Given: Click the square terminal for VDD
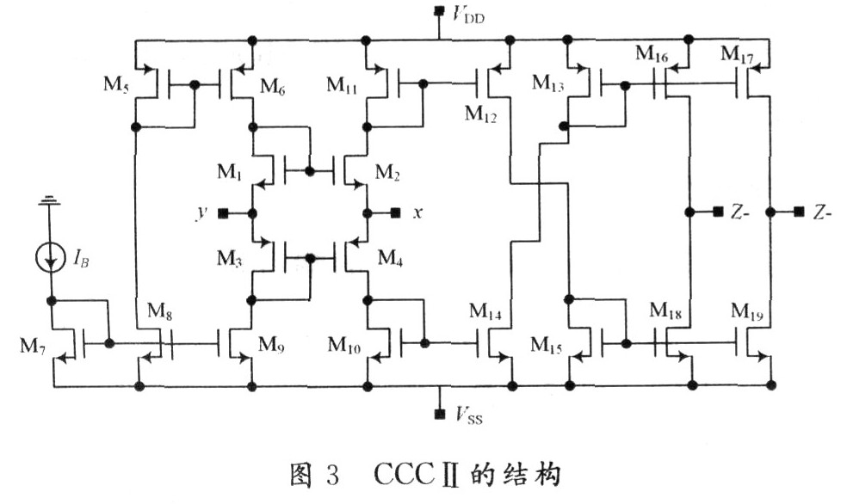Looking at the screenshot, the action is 440,10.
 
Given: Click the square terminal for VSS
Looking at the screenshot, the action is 440,414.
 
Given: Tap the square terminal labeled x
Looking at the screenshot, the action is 396,213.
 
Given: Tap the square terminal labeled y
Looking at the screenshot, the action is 223,213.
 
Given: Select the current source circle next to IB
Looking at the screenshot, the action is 50,259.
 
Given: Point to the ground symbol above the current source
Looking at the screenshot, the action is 49,200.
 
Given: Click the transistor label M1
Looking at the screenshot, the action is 229,172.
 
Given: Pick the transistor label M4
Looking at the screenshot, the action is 390,258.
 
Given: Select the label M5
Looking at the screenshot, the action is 116,85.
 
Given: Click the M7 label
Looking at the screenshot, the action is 33,346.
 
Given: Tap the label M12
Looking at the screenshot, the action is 480,114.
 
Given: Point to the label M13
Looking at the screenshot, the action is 548,83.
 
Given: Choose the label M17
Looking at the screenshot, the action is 738,54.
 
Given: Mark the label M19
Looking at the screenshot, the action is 747,311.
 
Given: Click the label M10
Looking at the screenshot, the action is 344,345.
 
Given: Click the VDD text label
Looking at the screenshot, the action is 467,15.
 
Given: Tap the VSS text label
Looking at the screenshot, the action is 468,415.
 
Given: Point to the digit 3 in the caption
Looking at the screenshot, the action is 332,475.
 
